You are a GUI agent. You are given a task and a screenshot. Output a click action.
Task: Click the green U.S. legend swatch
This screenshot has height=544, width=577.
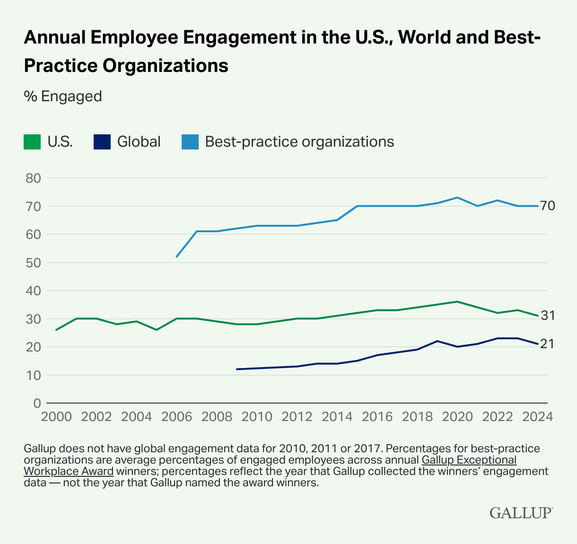(32, 142)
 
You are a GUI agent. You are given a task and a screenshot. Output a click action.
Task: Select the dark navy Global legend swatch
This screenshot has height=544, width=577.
(102, 142)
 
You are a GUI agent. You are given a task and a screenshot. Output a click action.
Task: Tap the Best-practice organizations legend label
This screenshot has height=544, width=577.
(299, 142)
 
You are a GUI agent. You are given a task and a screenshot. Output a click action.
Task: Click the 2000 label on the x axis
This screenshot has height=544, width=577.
(56, 416)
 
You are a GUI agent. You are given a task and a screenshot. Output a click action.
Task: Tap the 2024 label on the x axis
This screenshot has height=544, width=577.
(538, 416)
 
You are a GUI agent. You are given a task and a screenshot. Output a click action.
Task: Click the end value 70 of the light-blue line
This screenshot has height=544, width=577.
(547, 206)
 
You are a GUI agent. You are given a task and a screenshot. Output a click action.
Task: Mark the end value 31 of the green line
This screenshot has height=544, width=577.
(547, 316)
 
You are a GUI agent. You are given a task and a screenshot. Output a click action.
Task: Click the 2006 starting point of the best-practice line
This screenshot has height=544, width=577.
(176, 257)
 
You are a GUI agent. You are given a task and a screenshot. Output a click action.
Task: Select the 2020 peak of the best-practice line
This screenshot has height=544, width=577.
(457, 197)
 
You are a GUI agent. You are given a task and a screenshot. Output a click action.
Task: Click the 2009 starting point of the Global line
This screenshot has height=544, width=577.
(236, 369)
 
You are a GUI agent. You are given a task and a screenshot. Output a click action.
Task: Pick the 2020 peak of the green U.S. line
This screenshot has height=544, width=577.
(457, 301)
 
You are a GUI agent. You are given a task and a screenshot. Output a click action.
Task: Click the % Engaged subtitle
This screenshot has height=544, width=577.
(63, 96)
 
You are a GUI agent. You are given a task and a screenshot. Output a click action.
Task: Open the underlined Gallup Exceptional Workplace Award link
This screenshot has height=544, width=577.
(469, 459)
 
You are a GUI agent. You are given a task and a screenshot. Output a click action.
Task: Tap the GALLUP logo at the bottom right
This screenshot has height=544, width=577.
(521, 513)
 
